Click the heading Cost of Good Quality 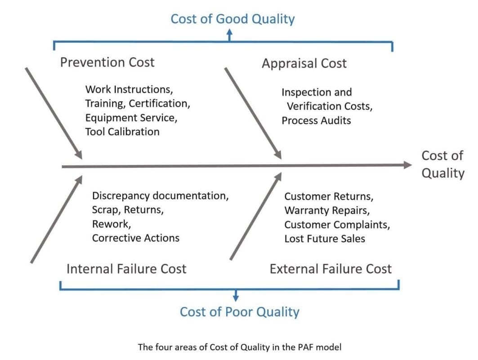(x=232, y=19)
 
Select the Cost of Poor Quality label (x=239, y=312)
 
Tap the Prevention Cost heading (x=107, y=62)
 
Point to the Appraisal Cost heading (x=304, y=63)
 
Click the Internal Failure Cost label (x=126, y=269)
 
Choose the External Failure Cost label (x=331, y=269)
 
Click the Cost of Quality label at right (x=442, y=164)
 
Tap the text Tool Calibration (x=122, y=132)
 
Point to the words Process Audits (x=316, y=121)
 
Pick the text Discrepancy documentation (x=160, y=196)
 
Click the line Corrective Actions (x=135, y=238)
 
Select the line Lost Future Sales (x=325, y=238)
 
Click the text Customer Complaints (x=337, y=225)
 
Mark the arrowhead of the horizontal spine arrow (x=407, y=165)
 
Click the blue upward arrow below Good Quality (x=229, y=34)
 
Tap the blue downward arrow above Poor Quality (x=236, y=296)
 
